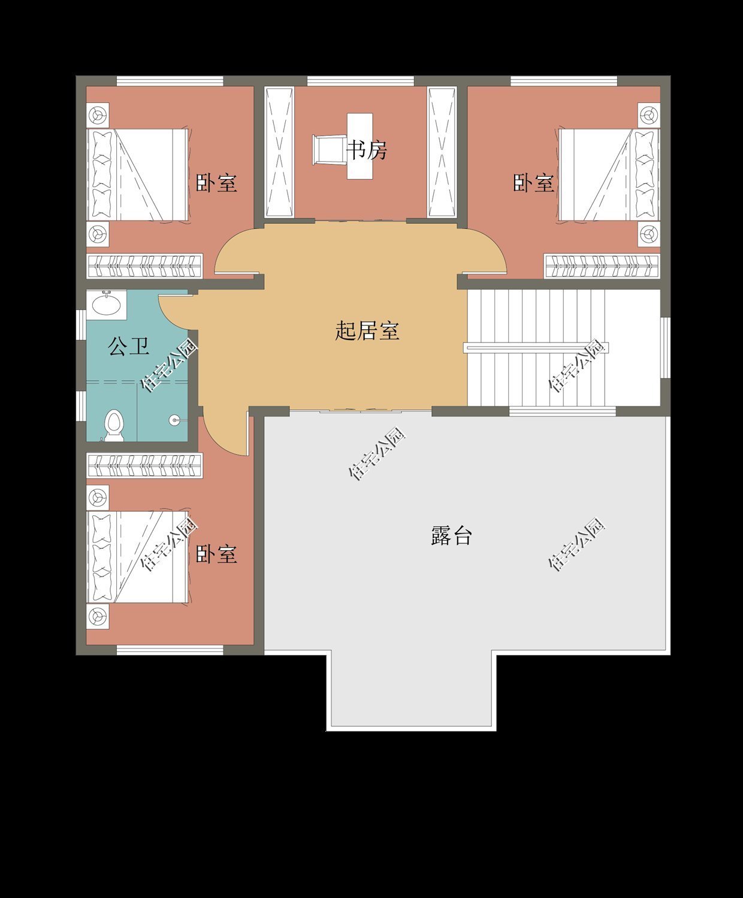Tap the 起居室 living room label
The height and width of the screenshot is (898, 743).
click(x=367, y=330)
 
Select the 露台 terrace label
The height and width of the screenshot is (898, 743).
click(x=451, y=535)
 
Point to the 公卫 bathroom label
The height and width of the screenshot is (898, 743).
click(x=128, y=346)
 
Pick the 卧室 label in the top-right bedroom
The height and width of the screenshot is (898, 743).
click(x=533, y=183)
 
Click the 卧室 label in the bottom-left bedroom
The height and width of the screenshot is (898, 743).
click(x=216, y=554)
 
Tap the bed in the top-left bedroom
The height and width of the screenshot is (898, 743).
click(x=138, y=174)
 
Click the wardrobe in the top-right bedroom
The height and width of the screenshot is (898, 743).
click(x=602, y=266)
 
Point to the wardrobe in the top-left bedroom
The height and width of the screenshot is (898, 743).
click(x=144, y=265)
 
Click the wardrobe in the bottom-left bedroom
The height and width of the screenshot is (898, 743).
click(x=144, y=465)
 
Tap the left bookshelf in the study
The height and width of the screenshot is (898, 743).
click(x=279, y=152)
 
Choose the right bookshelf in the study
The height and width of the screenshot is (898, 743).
click(x=442, y=152)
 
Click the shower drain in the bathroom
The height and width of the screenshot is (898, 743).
click(x=174, y=420)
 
